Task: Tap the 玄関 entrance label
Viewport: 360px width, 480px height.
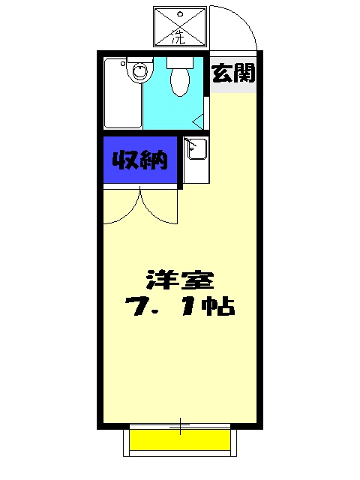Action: click(x=234, y=73)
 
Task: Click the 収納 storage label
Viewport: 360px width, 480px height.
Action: click(x=139, y=160)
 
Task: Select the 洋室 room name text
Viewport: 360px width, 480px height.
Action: click(x=180, y=280)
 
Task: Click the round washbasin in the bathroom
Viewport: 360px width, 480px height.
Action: click(x=139, y=72)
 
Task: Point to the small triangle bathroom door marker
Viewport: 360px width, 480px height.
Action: click(x=198, y=120)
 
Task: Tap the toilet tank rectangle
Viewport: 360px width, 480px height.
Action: click(x=179, y=63)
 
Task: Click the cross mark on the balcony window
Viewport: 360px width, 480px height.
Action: click(x=180, y=428)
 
